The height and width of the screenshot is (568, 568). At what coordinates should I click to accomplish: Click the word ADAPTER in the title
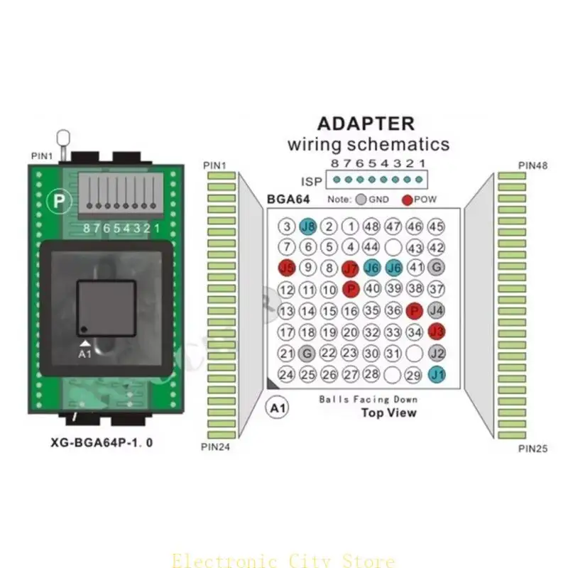click(x=365, y=123)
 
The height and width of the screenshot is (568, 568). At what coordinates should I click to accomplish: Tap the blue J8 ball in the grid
click(x=308, y=226)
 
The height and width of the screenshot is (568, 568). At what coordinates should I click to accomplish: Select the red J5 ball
click(x=287, y=268)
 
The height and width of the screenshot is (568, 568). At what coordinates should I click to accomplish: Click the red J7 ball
click(x=350, y=268)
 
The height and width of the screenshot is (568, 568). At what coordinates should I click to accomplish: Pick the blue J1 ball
click(x=437, y=374)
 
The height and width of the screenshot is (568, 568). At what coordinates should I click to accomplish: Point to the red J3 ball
click(x=437, y=331)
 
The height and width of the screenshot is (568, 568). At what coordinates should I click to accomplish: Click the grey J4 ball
click(x=437, y=310)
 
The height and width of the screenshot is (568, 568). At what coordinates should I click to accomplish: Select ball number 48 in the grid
click(x=371, y=226)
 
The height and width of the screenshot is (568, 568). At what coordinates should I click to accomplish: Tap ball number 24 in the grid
click(x=287, y=374)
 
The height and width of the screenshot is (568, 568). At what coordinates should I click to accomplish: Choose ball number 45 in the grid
click(x=437, y=226)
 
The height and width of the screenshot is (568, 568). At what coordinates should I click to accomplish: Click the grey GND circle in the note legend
click(x=362, y=200)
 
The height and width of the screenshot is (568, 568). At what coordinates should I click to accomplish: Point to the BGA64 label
click(x=287, y=200)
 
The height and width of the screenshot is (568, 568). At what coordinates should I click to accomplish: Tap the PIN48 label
click(x=532, y=165)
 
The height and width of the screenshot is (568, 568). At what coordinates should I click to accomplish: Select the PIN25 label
click(x=532, y=448)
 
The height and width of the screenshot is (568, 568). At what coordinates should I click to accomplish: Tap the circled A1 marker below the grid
click(x=277, y=408)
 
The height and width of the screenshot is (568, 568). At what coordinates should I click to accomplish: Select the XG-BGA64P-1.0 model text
click(x=102, y=442)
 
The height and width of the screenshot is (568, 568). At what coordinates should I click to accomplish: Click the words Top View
click(x=388, y=413)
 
